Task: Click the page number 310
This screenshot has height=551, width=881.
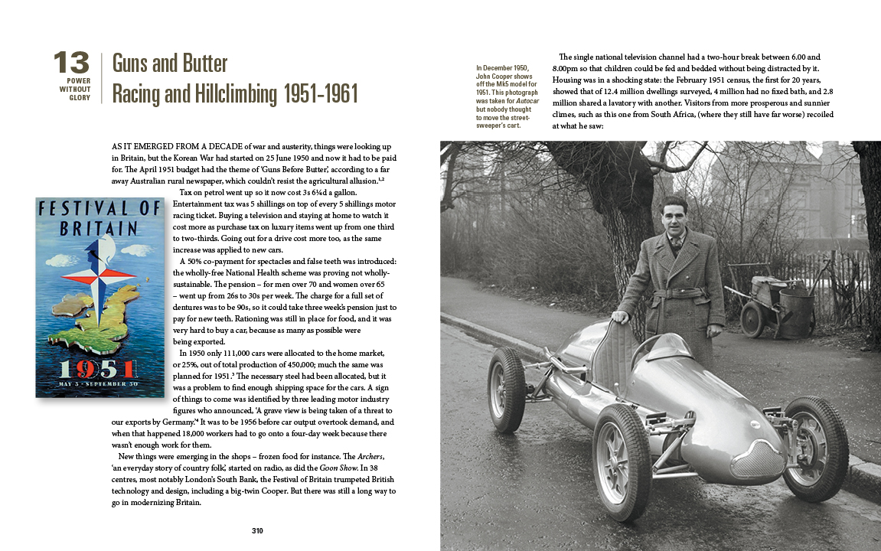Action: point(257,531)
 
